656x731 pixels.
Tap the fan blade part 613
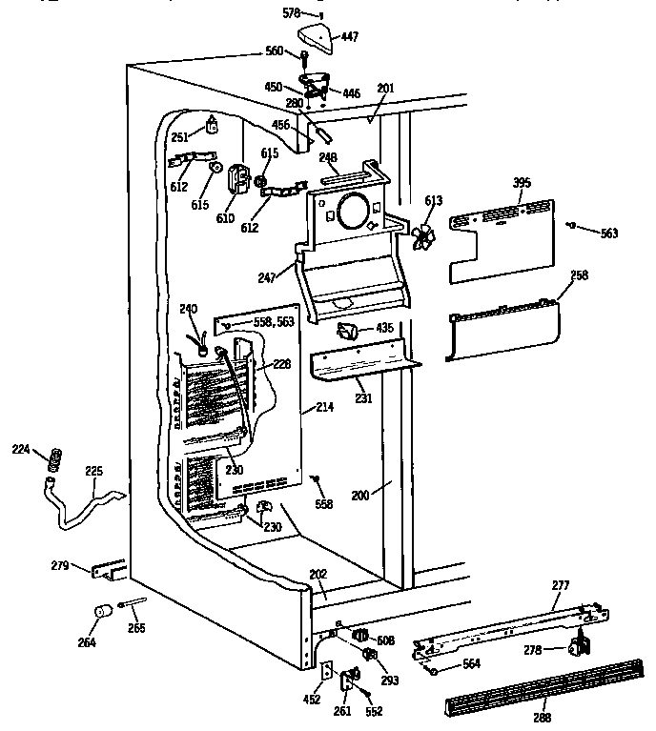(421, 234)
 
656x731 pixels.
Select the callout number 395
(522, 182)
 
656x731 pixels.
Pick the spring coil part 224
(55, 458)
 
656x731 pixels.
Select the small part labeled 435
(348, 332)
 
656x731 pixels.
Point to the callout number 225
(93, 470)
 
